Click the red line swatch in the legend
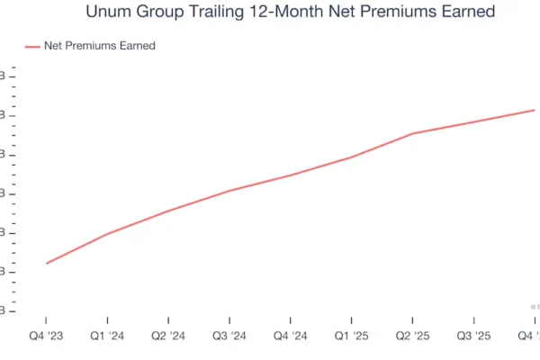coord(31,46)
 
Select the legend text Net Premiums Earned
coord(99,46)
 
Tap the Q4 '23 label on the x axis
coord(47,336)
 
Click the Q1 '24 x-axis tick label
coord(108,336)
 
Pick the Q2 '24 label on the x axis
coord(169,336)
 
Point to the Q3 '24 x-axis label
coord(229,336)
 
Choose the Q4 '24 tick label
coord(291,336)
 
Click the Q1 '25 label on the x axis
coord(352,336)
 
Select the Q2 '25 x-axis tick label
coord(413,336)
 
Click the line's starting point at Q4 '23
coord(47,264)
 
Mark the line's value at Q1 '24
coord(108,234)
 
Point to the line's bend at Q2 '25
coord(413,134)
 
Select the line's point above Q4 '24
coord(291,175)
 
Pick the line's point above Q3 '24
coord(229,191)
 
